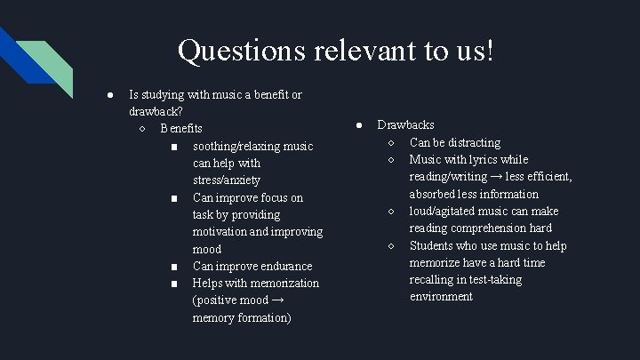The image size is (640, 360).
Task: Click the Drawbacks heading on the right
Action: click(x=405, y=125)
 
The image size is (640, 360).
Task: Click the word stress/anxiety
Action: click(x=226, y=180)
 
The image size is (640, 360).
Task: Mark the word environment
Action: click(x=441, y=297)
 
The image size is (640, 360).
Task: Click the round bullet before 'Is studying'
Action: click(x=108, y=94)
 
